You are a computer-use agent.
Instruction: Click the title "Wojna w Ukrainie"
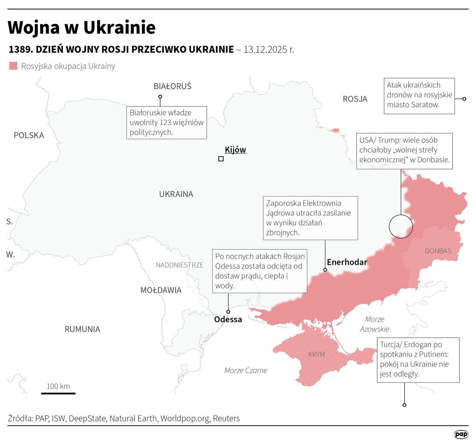(82, 27)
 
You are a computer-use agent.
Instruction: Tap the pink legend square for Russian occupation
(13, 66)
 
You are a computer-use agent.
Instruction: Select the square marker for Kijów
(221, 159)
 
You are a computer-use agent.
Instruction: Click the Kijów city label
(235, 150)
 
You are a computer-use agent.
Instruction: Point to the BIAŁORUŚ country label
(172, 86)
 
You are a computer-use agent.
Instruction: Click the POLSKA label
(29, 135)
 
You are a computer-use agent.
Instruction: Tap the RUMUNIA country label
(82, 329)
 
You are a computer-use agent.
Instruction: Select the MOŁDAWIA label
(161, 290)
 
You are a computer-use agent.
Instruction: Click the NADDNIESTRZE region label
(179, 265)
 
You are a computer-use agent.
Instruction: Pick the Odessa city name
(228, 319)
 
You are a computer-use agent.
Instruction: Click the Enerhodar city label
(347, 262)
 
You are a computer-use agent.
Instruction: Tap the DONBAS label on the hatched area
(438, 251)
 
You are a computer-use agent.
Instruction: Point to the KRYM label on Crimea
(316, 354)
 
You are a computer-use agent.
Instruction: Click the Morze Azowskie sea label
(374, 324)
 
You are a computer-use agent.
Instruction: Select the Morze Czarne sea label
(246, 370)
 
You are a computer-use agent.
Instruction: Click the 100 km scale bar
(58, 393)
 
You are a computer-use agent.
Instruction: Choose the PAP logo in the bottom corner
(461, 434)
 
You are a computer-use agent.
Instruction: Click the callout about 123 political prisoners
(167, 122)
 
